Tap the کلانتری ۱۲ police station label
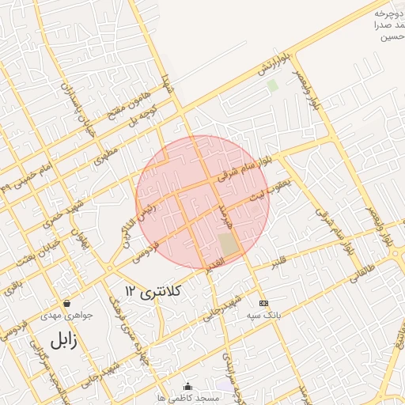tap(153, 292)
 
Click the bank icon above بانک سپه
tap(263, 303)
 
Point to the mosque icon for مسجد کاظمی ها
tap(187, 386)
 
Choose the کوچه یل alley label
tap(148, 117)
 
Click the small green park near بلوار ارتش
tap(272, 84)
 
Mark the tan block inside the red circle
tap(228, 244)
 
